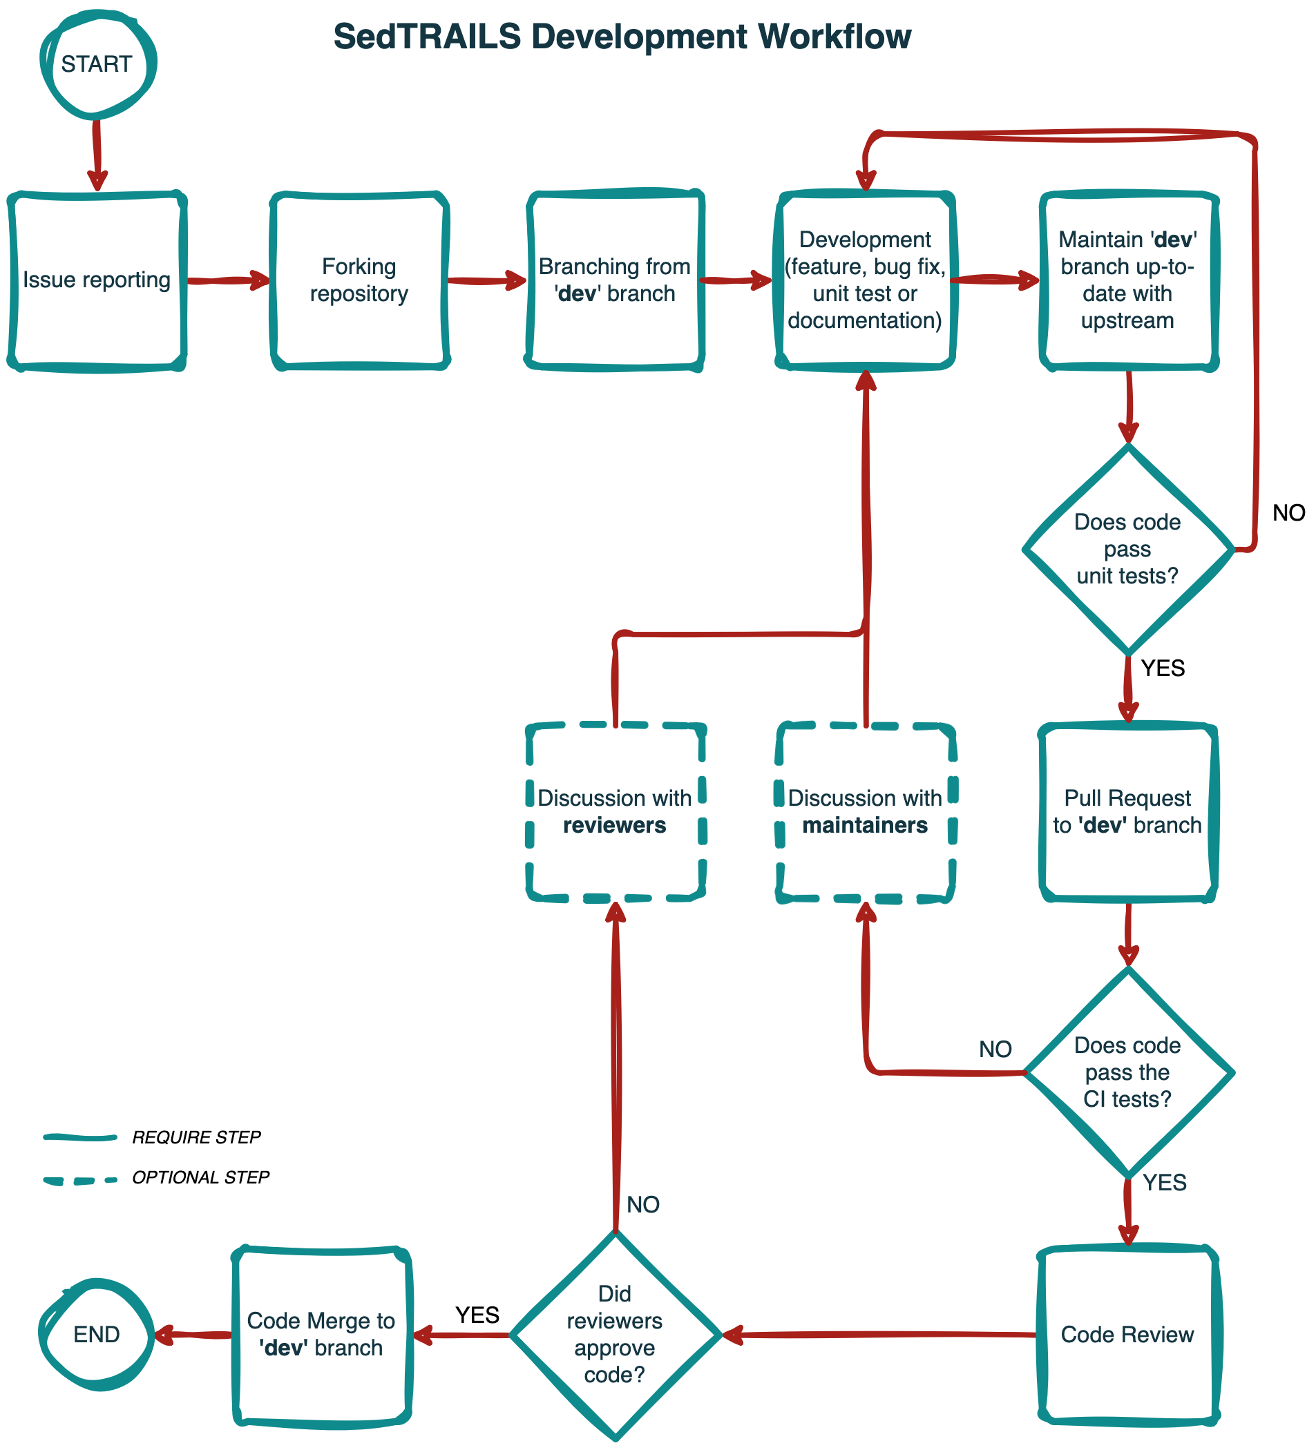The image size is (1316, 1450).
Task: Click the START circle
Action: pyautogui.click(x=97, y=65)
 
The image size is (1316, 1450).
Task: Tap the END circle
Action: pyautogui.click(x=97, y=1335)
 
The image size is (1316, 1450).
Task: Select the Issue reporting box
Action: pyautogui.click(x=97, y=280)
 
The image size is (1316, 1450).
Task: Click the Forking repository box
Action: pyautogui.click(x=359, y=280)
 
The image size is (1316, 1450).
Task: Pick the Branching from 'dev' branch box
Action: pyautogui.click(x=614, y=280)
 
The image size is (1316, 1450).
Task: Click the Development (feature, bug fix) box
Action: pyautogui.click(x=865, y=280)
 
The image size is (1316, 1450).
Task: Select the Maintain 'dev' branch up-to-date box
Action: pyautogui.click(x=1127, y=280)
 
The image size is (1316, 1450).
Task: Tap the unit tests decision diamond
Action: pyautogui.click(x=1127, y=550)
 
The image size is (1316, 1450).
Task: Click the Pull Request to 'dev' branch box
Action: pyautogui.click(x=1127, y=811)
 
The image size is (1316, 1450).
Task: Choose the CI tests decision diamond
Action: pyautogui.click(x=1127, y=1072)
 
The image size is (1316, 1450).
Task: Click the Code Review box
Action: pyautogui.click(x=1127, y=1335)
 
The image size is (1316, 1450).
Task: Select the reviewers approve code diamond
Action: pyautogui.click(x=614, y=1335)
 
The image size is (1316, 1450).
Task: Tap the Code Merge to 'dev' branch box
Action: pyautogui.click(x=321, y=1335)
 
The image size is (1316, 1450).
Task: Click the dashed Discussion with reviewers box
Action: pyautogui.click(x=614, y=811)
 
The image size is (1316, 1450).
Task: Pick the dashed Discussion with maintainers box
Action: pyautogui.click(x=865, y=811)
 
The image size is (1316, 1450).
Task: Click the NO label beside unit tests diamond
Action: pyautogui.click(x=1288, y=513)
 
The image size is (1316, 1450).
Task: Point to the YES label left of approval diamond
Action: pyautogui.click(x=477, y=1315)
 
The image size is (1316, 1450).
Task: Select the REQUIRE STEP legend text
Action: pyautogui.click(x=196, y=1138)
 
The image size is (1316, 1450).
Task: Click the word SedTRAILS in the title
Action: pyautogui.click(x=427, y=37)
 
